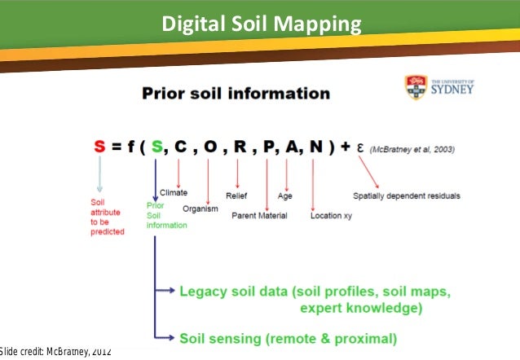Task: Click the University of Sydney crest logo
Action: pos(416,86)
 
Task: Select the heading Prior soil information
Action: pos(236,93)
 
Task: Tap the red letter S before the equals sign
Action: pos(99,147)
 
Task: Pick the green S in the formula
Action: pos(156,147)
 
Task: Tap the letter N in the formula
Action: pos(315,147)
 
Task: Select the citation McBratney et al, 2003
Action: pos(413,150)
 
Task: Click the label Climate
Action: pos(174,193)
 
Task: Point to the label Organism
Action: pos(200,209)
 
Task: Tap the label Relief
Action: pos(237,195)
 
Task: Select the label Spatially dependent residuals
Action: pos(407,195)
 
